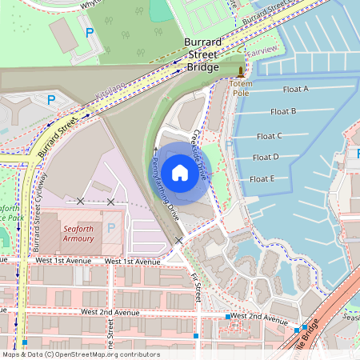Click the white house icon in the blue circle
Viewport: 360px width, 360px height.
tap(179, 171)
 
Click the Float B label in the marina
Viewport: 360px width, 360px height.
tap(283, 111)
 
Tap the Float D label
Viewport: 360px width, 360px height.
tap(265, 157)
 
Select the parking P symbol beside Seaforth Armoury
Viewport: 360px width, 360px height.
tap(110, 228)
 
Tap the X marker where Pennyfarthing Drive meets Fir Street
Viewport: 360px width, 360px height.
tap(179, 240)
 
